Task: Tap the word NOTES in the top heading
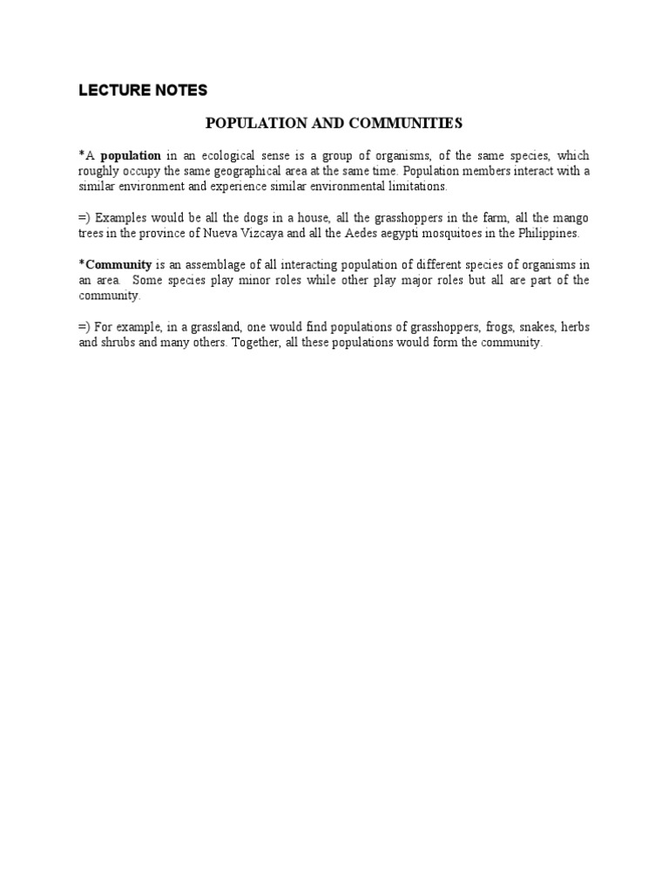[x=178, y=90]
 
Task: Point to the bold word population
[x=131, y=155]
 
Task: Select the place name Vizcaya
[x=297, y=233]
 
